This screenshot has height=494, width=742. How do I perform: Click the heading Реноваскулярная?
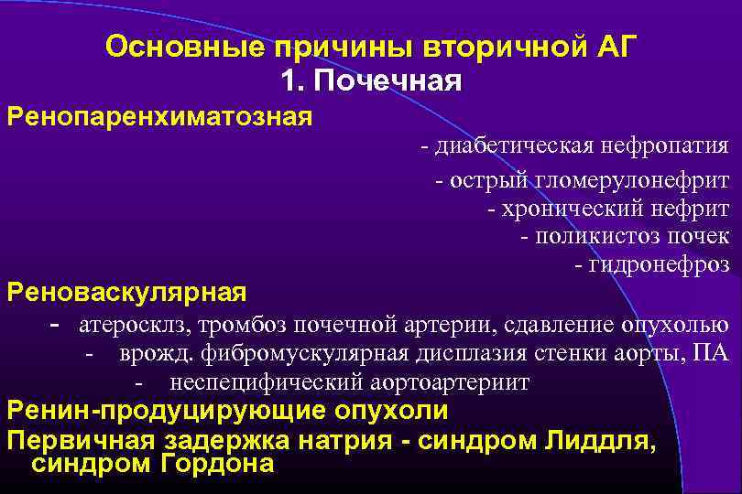tap(126, 292)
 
